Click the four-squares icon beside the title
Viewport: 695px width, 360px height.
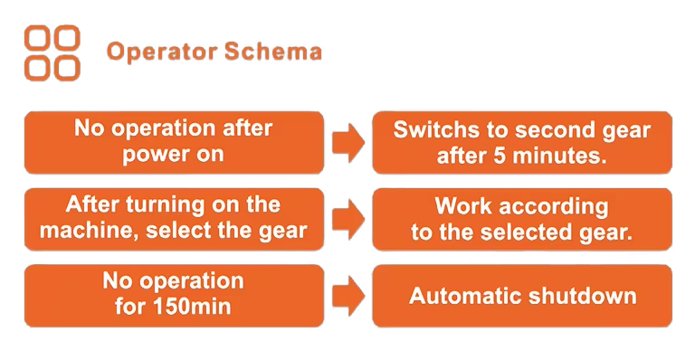tap(52, 53)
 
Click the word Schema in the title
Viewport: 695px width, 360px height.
tap(273, 52)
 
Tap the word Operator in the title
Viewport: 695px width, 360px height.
tap(162, 52)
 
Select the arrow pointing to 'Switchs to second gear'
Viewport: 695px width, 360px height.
tap(348, 143)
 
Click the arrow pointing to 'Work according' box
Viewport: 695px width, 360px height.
tap(348, 219)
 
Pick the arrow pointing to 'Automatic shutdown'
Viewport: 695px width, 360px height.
tap(348, 296)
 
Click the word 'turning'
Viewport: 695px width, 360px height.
tap(166, 205)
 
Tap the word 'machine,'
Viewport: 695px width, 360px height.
tap(89, 231)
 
